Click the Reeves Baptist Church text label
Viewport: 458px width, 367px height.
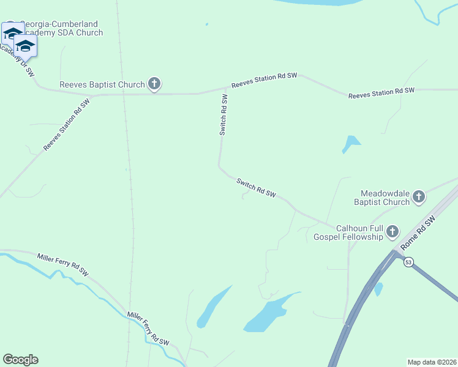pos(102,84)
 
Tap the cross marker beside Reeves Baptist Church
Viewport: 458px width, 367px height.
pos(154,84)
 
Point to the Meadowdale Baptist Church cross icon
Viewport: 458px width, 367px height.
pos(419,196)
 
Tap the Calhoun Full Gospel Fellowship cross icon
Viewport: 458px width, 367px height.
pos(392,232)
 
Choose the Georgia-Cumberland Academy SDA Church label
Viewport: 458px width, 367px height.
pos(61,29)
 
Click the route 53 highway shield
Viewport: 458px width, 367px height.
pos(409,262)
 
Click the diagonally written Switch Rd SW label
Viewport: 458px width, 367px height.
pos(256,188)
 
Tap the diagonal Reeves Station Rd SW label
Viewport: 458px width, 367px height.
pos(67,126)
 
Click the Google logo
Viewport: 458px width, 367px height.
pos(20,360)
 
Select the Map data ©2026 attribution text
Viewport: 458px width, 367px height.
pos(432,361)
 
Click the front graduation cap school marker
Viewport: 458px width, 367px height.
pos(25,46)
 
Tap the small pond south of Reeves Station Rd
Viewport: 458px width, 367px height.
pos(351,144)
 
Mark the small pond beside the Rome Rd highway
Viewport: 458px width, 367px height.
pos(378,288)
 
